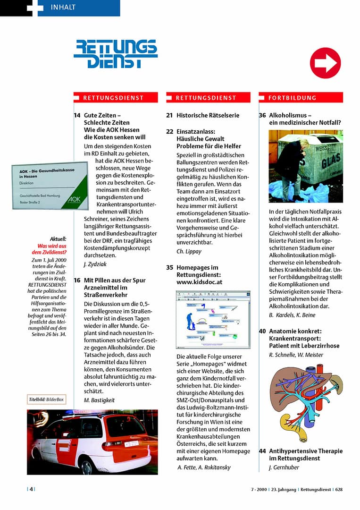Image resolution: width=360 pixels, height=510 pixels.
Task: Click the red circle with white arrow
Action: [x=325, y=63]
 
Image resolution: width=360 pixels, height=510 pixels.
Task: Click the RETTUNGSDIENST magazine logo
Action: [x=116, y=54]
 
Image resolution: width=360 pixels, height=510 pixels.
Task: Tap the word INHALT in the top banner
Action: [x=63, y=7]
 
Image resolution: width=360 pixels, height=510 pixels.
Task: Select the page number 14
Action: [x=77, y=115]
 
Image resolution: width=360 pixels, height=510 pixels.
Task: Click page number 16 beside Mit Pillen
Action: [x=77, y=280]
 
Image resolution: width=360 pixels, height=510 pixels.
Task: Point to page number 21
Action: [x=169, y=115]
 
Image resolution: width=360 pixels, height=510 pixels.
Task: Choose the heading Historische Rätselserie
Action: [x=208, y=115]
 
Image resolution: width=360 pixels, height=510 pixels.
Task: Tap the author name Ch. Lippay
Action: [x=189, y=251]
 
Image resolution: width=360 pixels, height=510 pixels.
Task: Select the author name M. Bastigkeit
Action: [x=99, y=400]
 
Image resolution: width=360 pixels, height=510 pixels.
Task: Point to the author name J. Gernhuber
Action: [x=284, y=467]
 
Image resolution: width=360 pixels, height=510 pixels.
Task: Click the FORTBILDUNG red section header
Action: [x=301, y=98]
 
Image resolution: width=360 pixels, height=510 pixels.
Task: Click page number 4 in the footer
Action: [x=31, y=489]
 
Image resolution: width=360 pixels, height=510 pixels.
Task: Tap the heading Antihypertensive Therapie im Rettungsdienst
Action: [x=305, y=454]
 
